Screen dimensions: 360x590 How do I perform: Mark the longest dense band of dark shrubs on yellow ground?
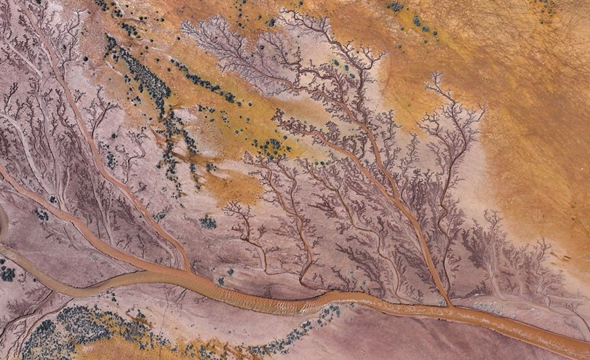click(x=142, y=69)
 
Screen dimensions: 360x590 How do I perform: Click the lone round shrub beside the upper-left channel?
click(x=86, y=58)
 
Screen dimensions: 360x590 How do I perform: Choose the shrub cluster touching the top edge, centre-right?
click(x=396, y=7)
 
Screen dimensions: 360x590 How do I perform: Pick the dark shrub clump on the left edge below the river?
click(x=7, y=273)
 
